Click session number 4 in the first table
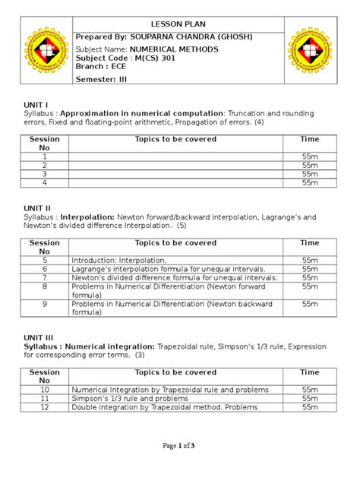click(44, 183)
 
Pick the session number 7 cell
click(44, 278)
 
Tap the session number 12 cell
click(44, 408)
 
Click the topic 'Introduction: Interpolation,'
click(118, 260)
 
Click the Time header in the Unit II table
click(309, 243)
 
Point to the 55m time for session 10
click(309, 390)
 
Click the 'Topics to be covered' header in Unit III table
click(175, 373)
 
